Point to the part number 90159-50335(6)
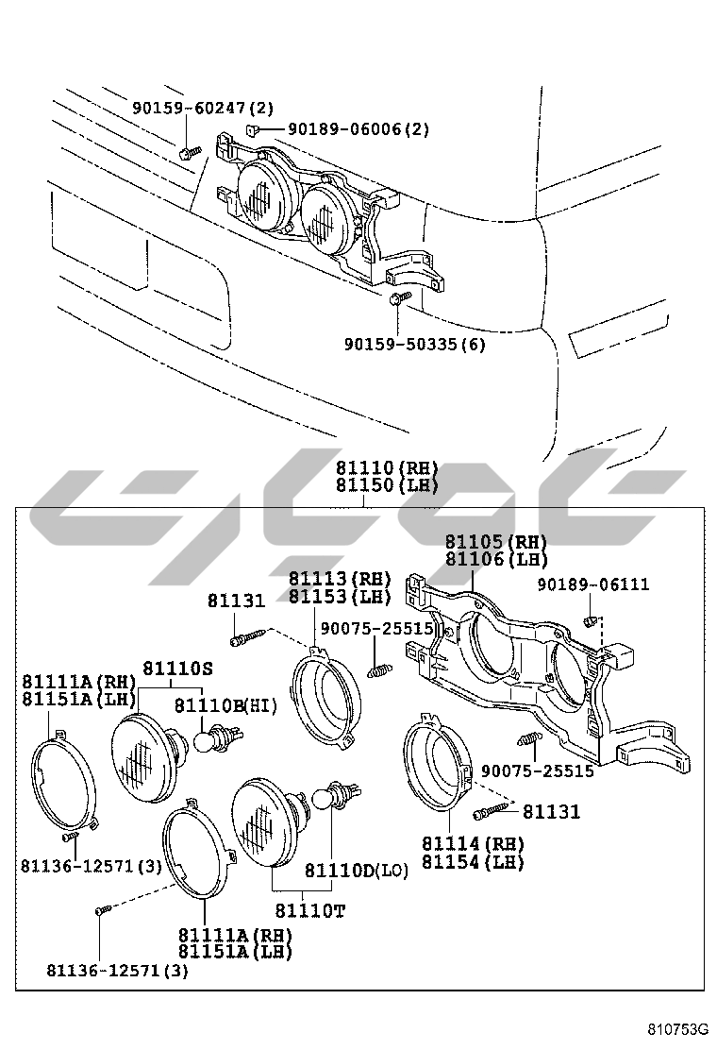point(414,345)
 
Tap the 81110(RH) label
point(387,467)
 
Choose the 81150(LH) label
point(387,484)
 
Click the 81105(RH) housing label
point(496,541)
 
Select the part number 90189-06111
point(593,584)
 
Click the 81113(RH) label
point(340,578)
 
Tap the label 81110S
point(177,668)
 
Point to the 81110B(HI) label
point(225,705)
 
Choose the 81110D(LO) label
point(356,871)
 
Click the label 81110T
point(309,910)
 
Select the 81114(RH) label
point(473,843)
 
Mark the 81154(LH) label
point(473,861)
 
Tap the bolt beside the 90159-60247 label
point(190,153)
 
